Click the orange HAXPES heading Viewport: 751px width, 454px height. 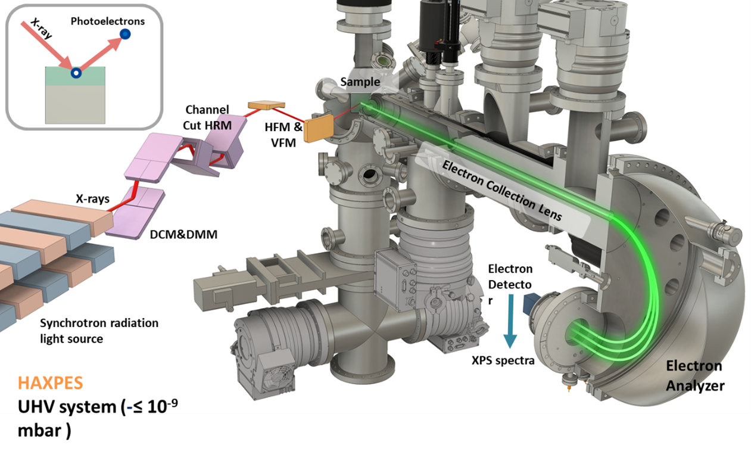click(50, 383)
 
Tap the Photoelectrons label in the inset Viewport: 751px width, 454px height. click(108, 21)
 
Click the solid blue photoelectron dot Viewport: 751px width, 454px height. click(125, 34)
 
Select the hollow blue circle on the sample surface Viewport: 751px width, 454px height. click(76, 73)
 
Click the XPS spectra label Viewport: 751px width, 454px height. click(503, 361)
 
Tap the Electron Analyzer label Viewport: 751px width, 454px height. click(695, 376)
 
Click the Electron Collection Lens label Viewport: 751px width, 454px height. click(502, 191)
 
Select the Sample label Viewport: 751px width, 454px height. click(360, 82)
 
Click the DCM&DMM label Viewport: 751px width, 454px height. click(183, 234)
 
